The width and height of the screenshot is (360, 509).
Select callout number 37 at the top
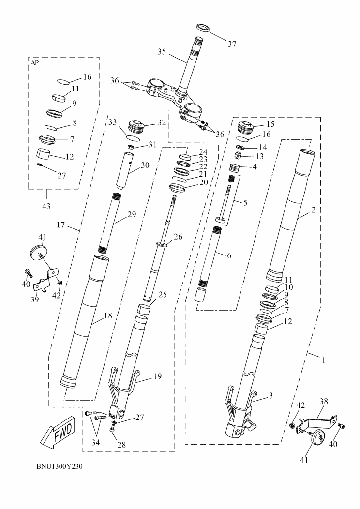(x=232, y=44)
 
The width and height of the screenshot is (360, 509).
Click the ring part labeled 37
(x=203, y=27)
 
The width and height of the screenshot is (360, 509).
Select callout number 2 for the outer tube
(x=314, y=210)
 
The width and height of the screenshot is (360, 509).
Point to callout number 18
(x=108, y=315)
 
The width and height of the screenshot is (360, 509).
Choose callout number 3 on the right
(x=271, y=395)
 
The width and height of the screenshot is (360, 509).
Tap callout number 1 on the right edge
(x=324, y=360)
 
